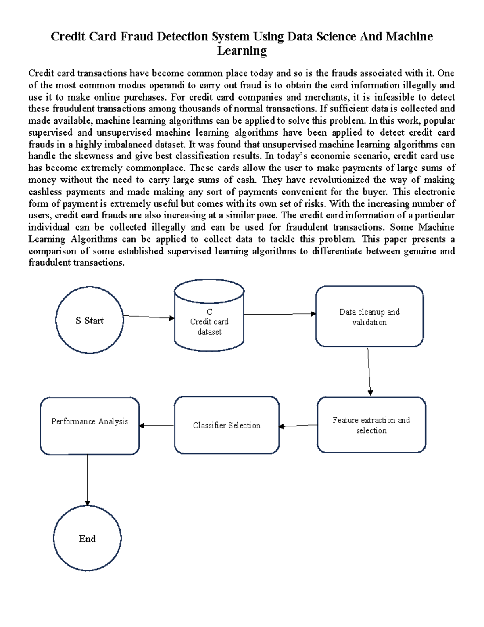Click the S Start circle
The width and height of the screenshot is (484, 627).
pyautogui.click(x=90, y=321)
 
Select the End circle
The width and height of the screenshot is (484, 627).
pyautogui.click(x=87, y=539)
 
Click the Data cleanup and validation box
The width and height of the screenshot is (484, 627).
pyautogui.click(x=369, y=317)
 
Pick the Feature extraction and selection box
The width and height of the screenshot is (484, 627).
pyautogui.click(x=371, y=425)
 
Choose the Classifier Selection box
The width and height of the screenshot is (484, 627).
pyautogui.click(x=227, y=426)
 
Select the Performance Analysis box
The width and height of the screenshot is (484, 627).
pyautogui.click(x=90, y=426)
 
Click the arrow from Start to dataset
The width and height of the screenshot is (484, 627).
pyautogui.click(x=148, y=317)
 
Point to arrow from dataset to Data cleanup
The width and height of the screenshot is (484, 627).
pyautogui.click(x=280, y=314)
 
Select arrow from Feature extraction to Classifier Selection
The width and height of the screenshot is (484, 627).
pyautogui.click(x=298, y=426)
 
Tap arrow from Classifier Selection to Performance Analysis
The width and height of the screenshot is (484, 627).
pyautogui.click(x=157, y=426)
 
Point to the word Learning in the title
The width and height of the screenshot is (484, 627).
pyautogui.click(x=242, y=51)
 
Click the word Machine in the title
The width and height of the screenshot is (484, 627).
pyautogui.click(x=409, y=37)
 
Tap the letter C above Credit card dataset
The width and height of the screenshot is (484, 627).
pyautogui.click(x=209, y=312)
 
